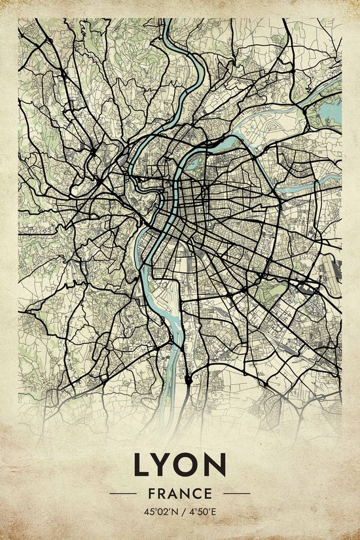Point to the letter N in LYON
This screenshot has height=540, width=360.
click(x=215, y=465)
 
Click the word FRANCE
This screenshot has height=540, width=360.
click(x=180, y=493)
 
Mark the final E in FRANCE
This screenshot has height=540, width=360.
click(x=207, y=493)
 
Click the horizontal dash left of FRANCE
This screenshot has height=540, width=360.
click(x=122, y=493)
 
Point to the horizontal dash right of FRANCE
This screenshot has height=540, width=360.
click(x=237, y=493)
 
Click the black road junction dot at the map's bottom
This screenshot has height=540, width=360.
click(x=189, y=379)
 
